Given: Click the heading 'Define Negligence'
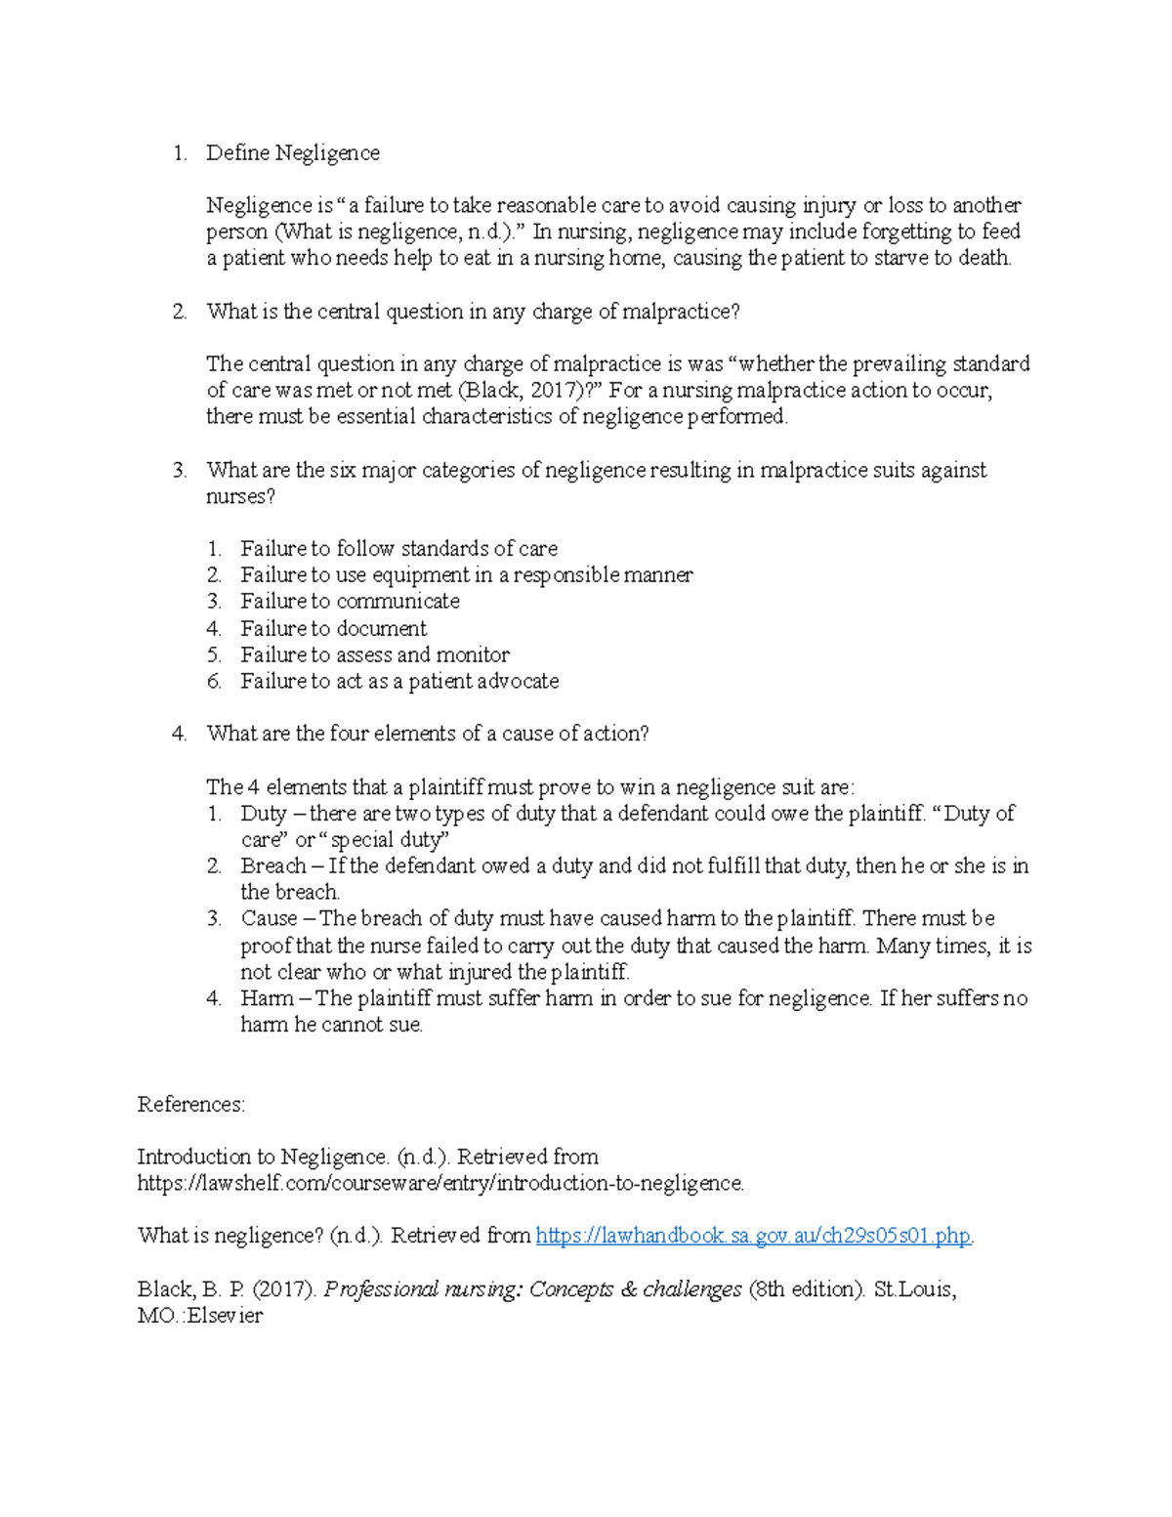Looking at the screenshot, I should pyautogui.click(x=292, y=153).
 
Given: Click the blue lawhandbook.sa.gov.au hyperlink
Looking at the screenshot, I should pyautogui.click(x=753, y=1236).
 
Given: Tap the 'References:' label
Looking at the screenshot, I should pyautogui.click(x=190, y=1104).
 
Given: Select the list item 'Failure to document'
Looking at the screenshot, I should pyautogui.click(x=333, y=628).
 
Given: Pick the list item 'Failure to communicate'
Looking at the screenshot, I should pyautogui.click(x=350, y=602).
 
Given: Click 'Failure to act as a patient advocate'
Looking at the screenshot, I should pyautogui.click(x=399, y=681).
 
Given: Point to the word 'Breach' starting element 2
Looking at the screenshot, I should pyautogui.click(x=272, y=866).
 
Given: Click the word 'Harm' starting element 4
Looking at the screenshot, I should pyautogui.click(x=267, y=998).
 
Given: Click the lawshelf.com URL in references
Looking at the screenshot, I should pyautogui.click(x=440, y=1183).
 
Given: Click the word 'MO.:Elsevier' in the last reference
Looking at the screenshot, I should pyautogui.click(x=200, y=1316).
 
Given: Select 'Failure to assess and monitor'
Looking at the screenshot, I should pyautogui.click(x=375, y=654).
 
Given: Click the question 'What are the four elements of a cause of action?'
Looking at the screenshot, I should pyautogui.click(x=427, y=734).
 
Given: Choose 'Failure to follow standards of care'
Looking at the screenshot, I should pyautogui.click(x=398, y=549).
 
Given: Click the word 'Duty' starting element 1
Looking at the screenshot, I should pyautogui.click(x=263, y=814).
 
